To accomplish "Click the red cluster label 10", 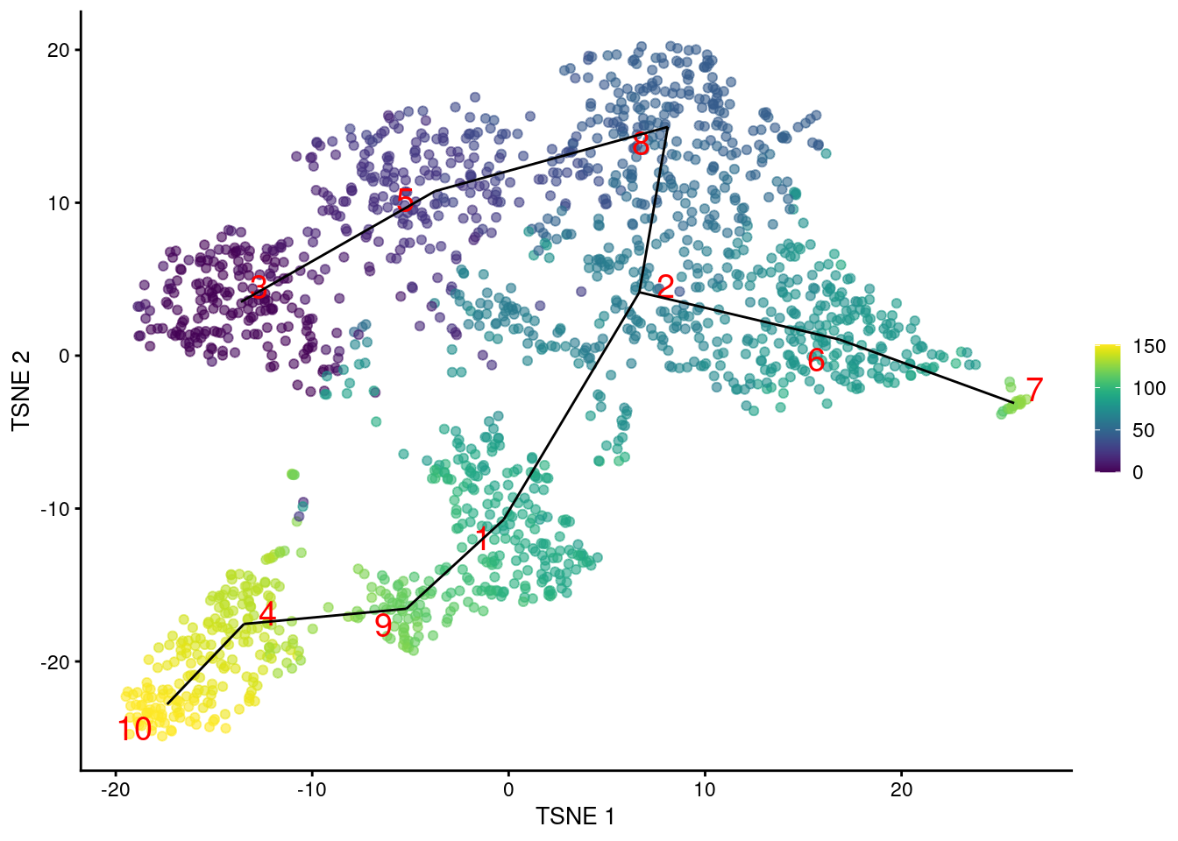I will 135,729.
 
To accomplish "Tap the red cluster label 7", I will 1034,390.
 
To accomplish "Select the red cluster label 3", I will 259,286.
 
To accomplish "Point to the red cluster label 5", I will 404,201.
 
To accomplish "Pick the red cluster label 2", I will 665,286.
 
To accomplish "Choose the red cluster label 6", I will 816,360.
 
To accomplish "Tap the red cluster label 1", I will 481,539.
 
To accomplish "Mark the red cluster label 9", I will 383,625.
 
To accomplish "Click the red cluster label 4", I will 267,614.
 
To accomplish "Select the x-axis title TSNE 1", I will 575,816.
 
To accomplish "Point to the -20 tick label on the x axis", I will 115,789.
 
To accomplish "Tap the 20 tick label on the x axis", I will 901,789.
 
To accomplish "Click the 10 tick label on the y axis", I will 58,203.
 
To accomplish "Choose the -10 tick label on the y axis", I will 54,509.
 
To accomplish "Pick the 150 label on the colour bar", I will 1149,346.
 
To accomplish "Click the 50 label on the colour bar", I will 1144,430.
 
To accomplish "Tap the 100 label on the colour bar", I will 1149,388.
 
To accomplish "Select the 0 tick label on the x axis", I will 508,789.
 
